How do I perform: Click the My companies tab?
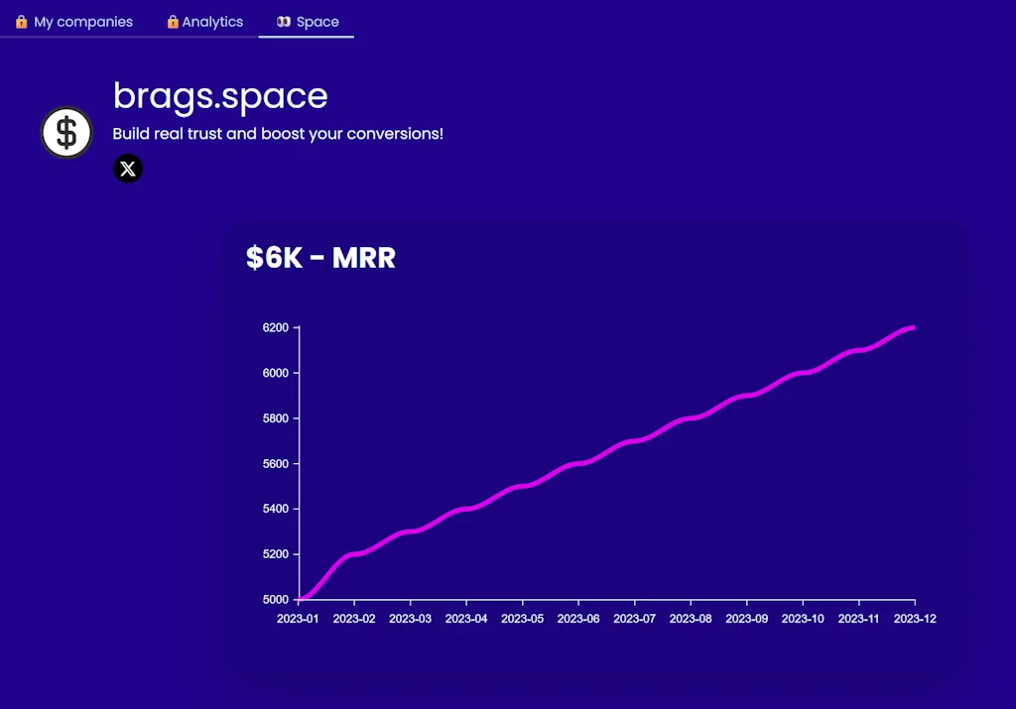[x=74, y=22]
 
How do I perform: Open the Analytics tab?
[x=204, y=22]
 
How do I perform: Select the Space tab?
[x=308, y=22]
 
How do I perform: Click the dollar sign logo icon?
[x=66, y=133]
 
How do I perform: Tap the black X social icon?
[x=128, y=169]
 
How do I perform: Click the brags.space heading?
[x=220, y=96]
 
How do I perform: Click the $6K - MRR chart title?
[x=320, y=258]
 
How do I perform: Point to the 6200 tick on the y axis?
[x=275, y=327]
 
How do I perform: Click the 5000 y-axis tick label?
[x=275, y=600]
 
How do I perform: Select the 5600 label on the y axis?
[x=275, y=464]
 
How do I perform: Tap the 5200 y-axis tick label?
[x=275, y=554]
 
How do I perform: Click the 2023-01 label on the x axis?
[x=298, y=619]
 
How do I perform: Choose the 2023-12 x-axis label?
[x=915, y=619]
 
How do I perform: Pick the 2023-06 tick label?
[x=578, y=619]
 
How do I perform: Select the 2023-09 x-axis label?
[x=746, y=619]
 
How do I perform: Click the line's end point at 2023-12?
[x=914, y=327]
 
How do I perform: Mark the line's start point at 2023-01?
[x=299, y=599]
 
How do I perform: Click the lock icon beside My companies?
[x=22, y=22]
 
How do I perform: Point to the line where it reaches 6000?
[x=803, y=373]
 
